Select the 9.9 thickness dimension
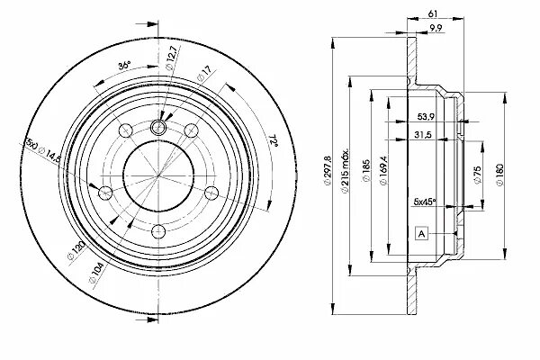point(436,31)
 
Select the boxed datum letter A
point(421,234)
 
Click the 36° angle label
point(125,65)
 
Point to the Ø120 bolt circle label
point(76,248)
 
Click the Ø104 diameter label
point(94,268)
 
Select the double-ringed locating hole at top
point(157,127)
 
